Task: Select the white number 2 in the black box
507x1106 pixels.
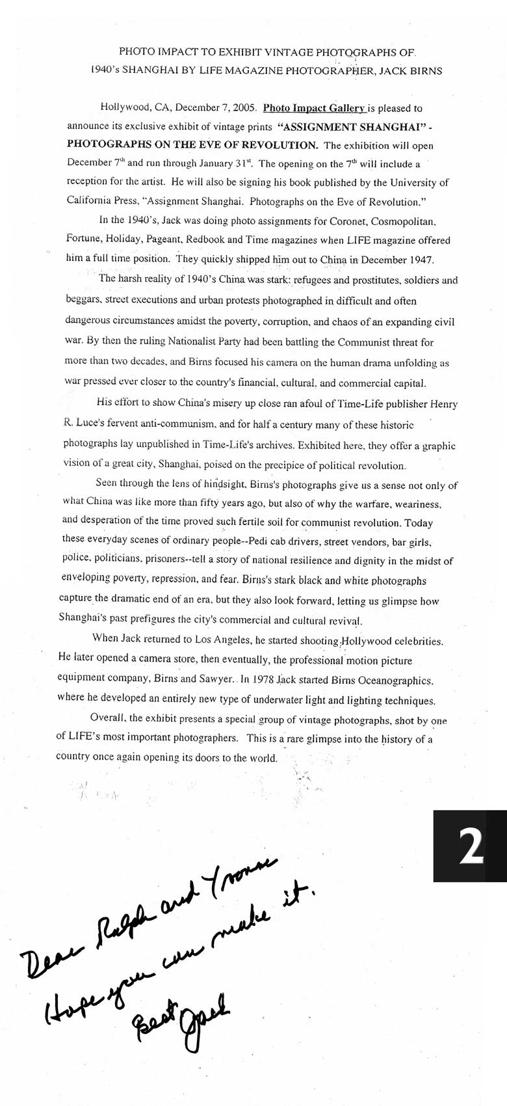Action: (471, 846)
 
